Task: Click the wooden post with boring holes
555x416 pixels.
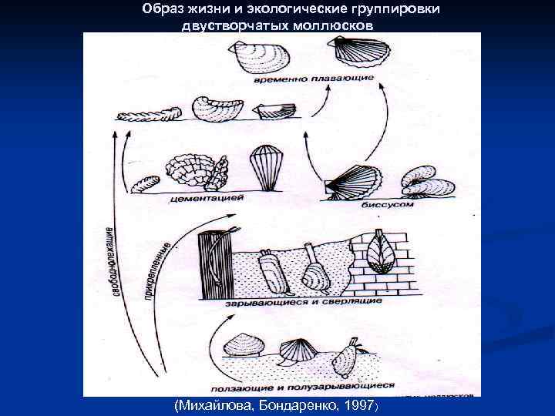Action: tap(213, 265)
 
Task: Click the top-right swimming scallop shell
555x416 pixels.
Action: tap(358, 52)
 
